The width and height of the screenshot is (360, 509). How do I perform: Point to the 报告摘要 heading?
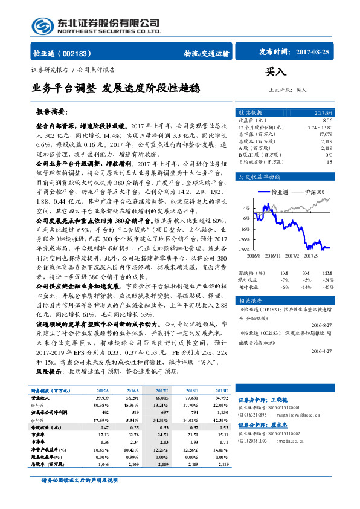[x=52, y=112]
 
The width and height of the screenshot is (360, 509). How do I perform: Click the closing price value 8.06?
[x=328, y=121]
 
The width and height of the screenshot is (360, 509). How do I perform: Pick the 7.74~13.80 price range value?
[x=320, y=128]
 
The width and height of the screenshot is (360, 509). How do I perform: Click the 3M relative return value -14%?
[x=307, y=287]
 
